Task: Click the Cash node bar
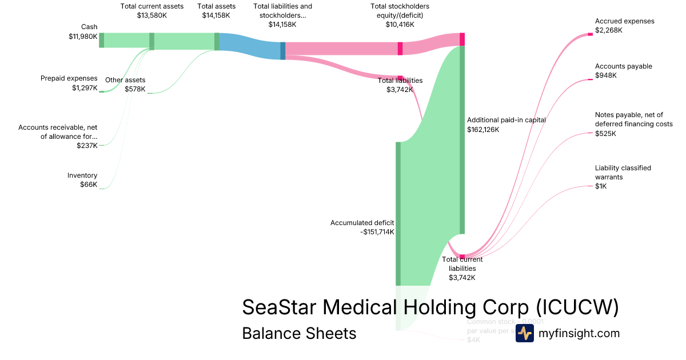[102, 40]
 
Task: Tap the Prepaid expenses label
[69, 78]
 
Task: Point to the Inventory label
[82, 175]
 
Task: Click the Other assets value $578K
[135, 89]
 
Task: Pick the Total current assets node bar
[151, 41]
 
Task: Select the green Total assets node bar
[217, 41]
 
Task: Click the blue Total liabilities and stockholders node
[282, 50]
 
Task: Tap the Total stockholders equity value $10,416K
[400, 25]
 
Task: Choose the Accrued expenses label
[624, 21]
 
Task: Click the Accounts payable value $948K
[606, 75]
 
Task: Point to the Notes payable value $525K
[606, 134]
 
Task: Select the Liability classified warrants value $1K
[601, 186]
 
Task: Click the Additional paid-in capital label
[506, 120]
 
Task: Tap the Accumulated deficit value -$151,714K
[377, 232]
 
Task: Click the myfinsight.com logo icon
[524, 333]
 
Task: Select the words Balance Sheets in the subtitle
[299, 333]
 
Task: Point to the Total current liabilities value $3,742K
[462, 278]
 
